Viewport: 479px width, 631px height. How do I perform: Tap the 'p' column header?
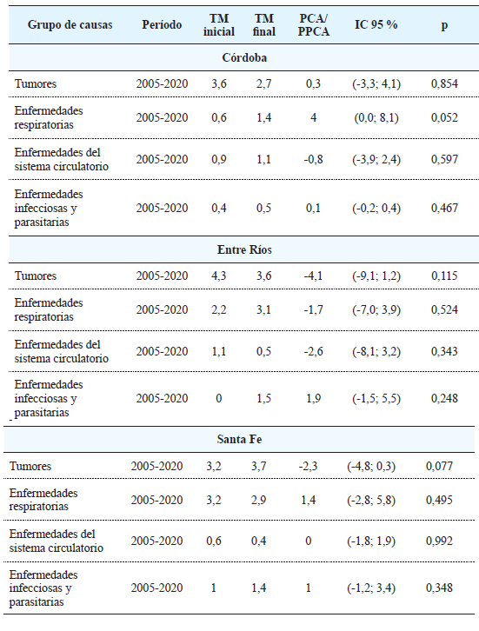443,25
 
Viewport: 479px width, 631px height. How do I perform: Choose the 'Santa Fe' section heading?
241,440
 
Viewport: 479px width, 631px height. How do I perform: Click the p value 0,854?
443,84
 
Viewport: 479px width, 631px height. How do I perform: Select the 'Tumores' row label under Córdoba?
36,84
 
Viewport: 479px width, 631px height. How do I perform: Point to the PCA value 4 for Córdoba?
313,117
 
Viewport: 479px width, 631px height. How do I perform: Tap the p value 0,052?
443,117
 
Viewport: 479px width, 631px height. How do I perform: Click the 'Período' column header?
162,25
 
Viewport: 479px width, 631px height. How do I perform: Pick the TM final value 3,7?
260,467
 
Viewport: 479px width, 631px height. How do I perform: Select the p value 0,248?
443,398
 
